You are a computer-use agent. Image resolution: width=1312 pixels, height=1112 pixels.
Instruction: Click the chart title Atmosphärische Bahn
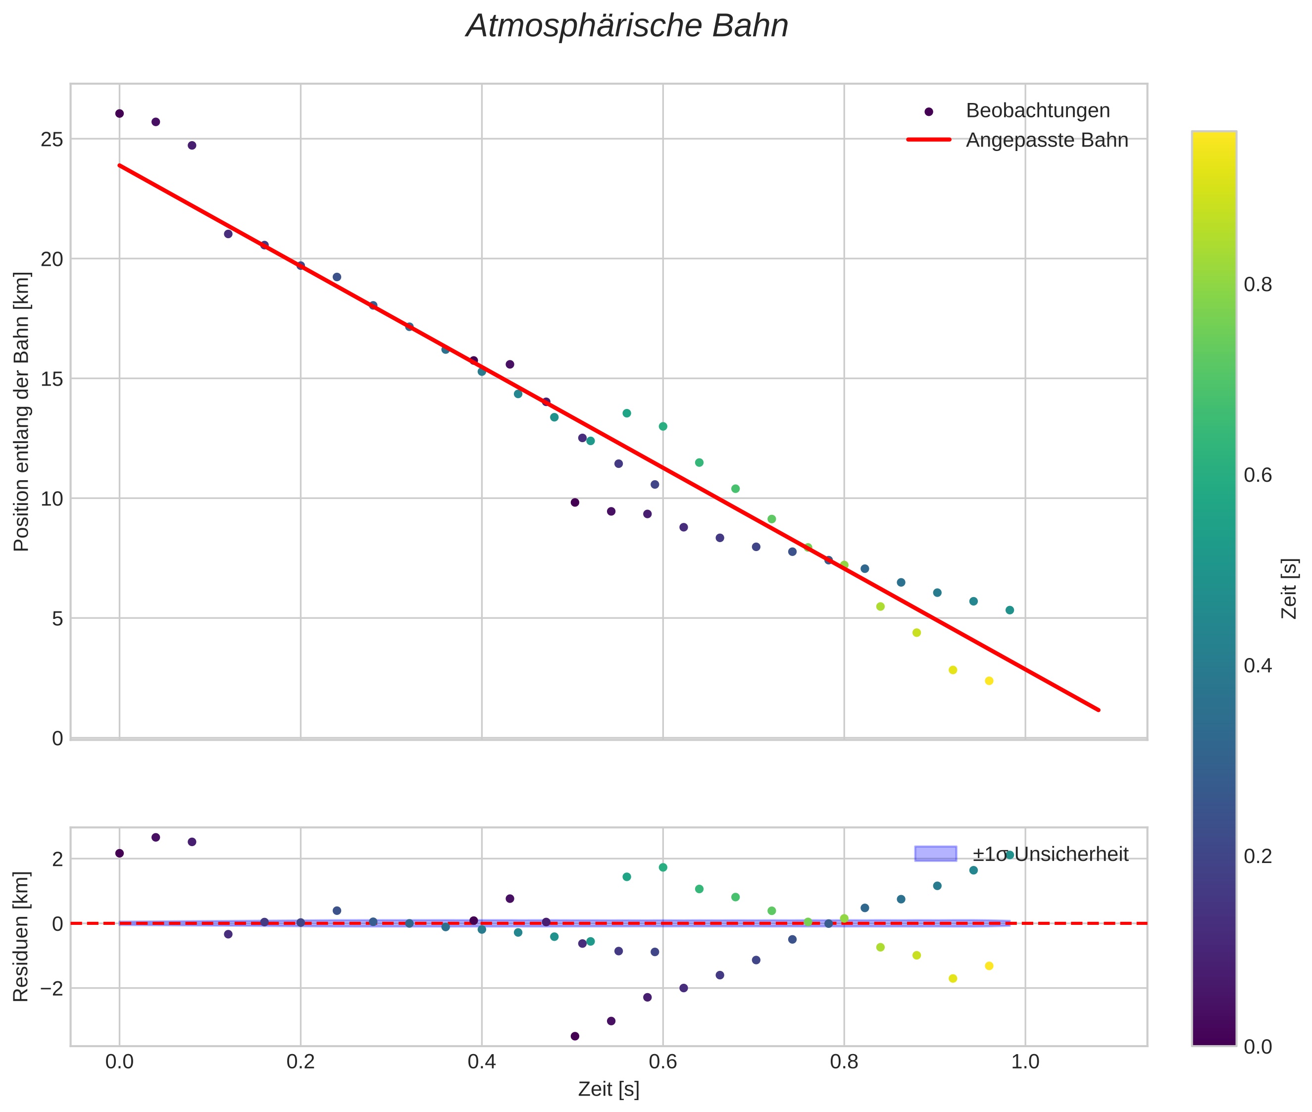[627, 26]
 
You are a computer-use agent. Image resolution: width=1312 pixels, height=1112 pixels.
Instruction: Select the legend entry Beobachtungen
[1037, 111]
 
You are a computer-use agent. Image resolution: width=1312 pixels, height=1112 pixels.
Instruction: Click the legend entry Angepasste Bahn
[1047, 140]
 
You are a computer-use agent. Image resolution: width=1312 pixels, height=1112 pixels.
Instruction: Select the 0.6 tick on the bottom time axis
[662, 1061]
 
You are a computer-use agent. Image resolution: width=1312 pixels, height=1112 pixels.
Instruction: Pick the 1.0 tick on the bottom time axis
[1025, 1061]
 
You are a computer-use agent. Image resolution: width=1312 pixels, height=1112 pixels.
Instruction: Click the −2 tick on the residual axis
[49, 988]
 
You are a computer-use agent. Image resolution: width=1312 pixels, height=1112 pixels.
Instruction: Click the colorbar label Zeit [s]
[1290, 589]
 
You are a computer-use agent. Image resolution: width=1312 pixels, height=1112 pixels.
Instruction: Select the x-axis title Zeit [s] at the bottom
[608, 1089]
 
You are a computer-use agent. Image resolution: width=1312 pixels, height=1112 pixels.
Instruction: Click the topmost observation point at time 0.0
[120, 113]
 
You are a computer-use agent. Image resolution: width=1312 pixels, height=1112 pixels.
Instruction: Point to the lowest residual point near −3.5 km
[574, 1036]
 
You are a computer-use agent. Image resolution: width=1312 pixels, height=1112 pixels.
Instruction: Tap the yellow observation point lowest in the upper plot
[989, 681]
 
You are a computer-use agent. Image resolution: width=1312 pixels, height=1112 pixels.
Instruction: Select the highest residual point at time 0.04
[156, 837]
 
